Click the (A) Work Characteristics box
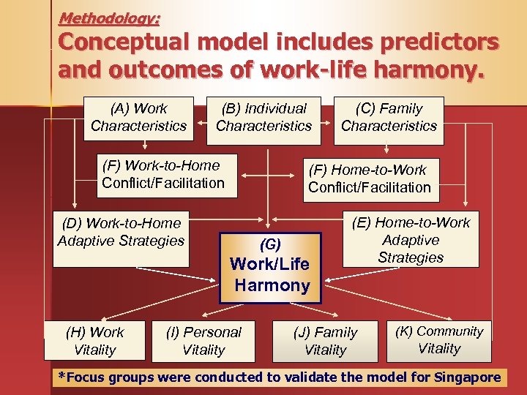pyautogui.click(x=139, y=117)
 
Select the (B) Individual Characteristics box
pyautogui.click(x=263, y=117)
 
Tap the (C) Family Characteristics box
pyautogui.click(x=389, y=117)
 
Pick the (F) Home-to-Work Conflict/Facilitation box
pyautogui.click(x=370, y=179)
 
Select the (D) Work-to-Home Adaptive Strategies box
pyautogui.click(x=121, y=238)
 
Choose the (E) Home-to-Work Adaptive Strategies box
pyautogui.click(x=411, y=240)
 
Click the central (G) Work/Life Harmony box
pyautogui.click(x=272, y=267)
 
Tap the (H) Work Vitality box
pyautogui.click(x=95, y=341)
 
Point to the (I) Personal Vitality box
pyautogui.click(x=203, y=341)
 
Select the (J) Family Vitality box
pyautogui.click(x=326, y=341)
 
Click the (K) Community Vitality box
pyautogui.click(x=439, y=340)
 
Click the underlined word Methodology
pyautogui.click(x=110, y=17)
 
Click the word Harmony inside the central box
pyautogui.click(x=272, y=285)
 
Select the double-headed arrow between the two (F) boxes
pyautogui.click(x=269, y=176)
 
